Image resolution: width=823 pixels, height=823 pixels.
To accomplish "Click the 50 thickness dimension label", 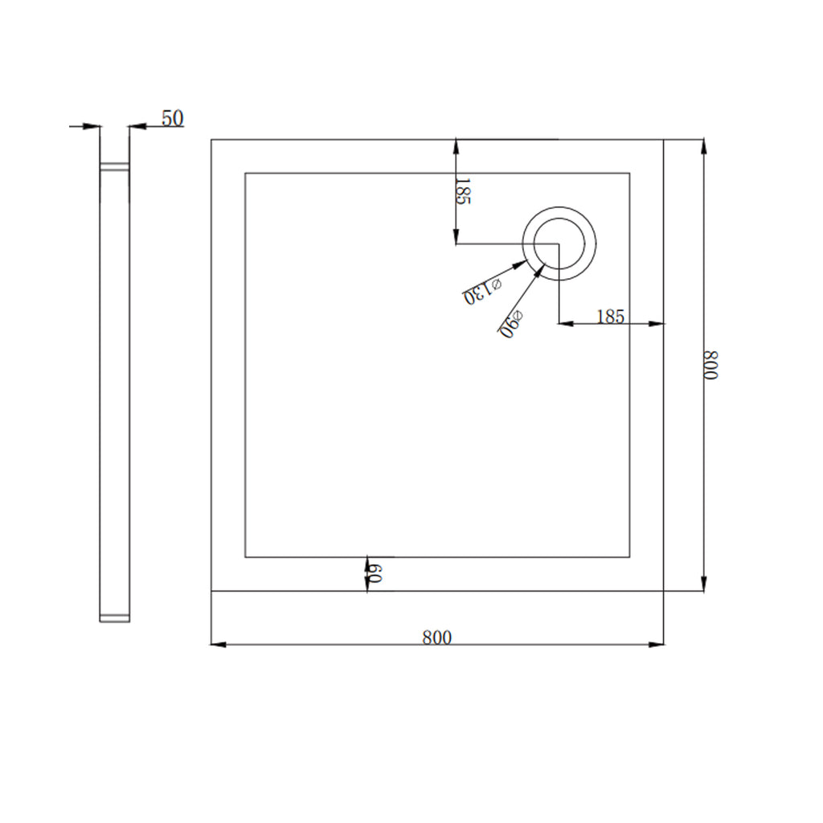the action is (x=173, y=118).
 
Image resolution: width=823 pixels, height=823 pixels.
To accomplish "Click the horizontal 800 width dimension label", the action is (x=436, y=637).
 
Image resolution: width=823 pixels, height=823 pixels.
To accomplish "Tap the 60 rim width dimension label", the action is (x=375, y=574).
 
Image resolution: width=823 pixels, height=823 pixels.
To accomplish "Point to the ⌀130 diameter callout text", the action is (x=482, y=291).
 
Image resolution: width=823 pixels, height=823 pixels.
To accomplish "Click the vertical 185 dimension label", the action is (x=463, y=191).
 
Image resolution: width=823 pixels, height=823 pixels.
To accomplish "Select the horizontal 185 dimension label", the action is (x=611, y=317).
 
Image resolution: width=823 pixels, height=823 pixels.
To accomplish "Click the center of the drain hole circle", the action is (x=559, y=244).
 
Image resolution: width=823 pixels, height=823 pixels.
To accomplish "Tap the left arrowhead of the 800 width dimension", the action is (x=218, y=644).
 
